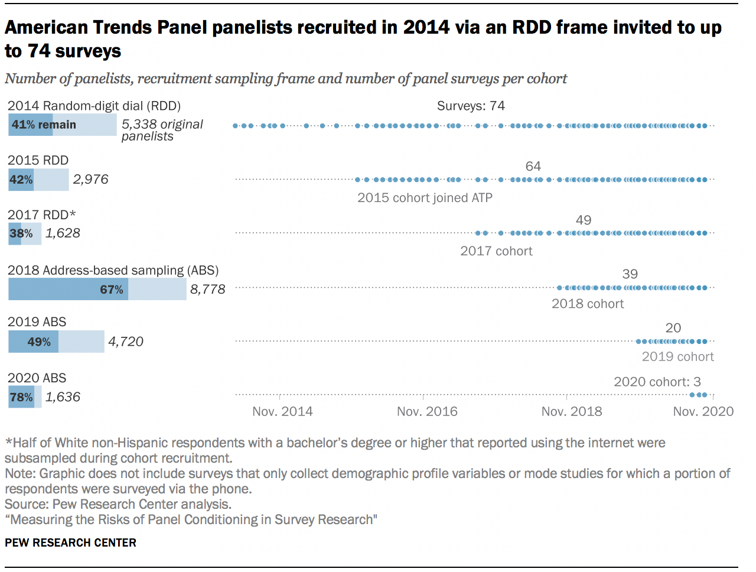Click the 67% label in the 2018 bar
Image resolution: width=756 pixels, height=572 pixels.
[111, 290]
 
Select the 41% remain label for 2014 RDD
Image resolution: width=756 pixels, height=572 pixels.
[44, 125]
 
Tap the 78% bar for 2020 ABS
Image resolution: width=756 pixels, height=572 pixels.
[21, 397]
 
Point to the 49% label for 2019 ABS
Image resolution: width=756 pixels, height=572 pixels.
[39, 342]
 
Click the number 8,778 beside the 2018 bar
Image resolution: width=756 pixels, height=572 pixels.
[207, 290]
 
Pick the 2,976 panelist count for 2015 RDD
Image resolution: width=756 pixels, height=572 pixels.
[90, 180]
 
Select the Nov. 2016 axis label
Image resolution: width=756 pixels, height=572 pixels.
[427, 412]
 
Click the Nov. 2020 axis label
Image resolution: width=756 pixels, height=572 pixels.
[703, 412]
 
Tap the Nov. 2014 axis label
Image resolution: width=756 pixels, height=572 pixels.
[282, 412]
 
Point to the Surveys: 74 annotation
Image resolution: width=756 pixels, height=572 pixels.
[471, 106]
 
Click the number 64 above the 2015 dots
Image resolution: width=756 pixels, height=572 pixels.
[533, 167]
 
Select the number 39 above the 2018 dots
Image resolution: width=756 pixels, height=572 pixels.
[630, 274]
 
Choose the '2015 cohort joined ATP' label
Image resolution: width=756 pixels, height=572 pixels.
[425, 198]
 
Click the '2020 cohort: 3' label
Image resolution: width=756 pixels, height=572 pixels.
[657, 382]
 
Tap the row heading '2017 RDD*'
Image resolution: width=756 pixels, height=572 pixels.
[41, 215]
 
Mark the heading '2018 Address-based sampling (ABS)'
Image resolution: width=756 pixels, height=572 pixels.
[113, 271]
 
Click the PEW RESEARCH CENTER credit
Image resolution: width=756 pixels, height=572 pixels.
[70, 543]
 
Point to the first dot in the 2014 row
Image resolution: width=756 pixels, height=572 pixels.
[236, 126]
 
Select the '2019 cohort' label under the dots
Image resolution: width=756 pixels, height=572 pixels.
[677, 357]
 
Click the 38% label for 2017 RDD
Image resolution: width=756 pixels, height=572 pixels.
[21, 234]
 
